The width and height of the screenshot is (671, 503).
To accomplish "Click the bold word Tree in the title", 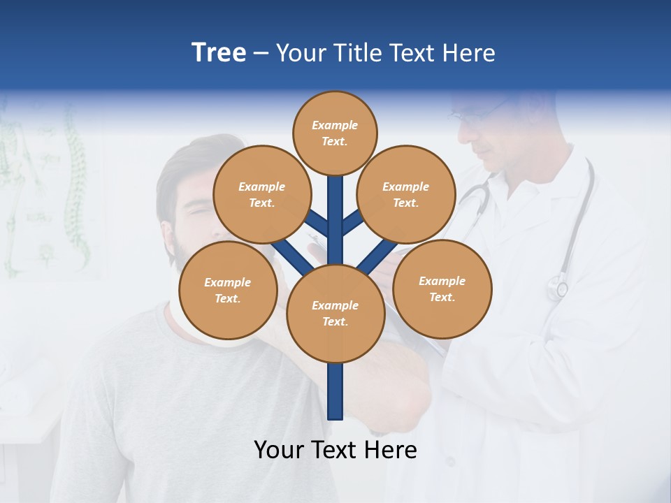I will (219, 53).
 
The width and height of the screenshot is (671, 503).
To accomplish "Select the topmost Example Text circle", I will (335, 133).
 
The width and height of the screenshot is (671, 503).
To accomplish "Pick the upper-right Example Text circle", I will (406, 194).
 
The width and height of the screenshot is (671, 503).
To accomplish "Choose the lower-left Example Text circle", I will (228, 290).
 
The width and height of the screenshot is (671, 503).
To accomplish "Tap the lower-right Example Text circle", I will (442, 289).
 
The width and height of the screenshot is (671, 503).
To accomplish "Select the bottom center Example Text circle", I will (335, 313).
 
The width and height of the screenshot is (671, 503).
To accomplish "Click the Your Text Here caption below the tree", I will (335, 450).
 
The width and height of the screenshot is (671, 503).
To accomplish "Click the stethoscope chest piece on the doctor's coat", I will (558, 287).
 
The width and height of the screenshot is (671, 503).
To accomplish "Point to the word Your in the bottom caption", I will (280, 450).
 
